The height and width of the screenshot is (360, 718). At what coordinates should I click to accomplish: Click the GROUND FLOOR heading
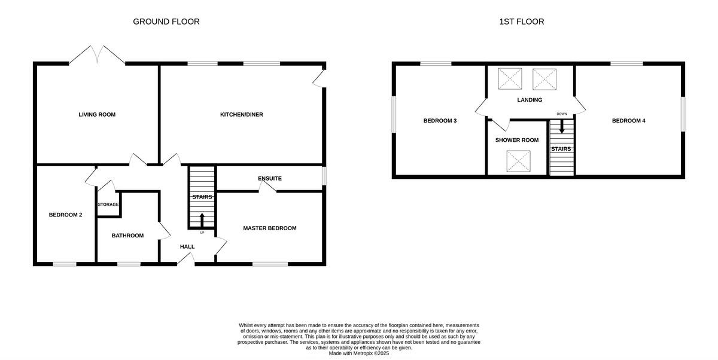166,22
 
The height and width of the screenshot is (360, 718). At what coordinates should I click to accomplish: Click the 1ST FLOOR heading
522,22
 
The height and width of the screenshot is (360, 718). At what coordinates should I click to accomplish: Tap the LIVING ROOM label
97,114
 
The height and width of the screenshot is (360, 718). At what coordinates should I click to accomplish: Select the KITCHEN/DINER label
241,114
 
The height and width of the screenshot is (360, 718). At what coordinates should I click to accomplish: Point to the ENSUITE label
269,178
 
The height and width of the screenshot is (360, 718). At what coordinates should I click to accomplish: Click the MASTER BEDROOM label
269,228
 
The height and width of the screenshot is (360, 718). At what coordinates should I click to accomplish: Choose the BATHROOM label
127,235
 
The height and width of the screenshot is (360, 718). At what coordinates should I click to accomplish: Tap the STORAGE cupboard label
108,205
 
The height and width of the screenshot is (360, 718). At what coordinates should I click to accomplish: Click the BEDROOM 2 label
65,215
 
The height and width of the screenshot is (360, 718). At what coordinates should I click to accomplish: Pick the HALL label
187,246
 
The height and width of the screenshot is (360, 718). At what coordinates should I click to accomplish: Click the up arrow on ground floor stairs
202,219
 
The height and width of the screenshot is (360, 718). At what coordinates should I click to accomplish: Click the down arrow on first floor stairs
561,127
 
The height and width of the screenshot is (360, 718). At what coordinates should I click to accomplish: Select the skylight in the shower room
517,161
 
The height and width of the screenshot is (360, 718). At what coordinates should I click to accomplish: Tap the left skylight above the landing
510,78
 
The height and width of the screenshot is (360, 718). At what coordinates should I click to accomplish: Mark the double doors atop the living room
97,54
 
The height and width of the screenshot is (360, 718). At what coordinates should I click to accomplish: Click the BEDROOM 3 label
440,121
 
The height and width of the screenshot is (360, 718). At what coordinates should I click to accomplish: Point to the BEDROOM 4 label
628,121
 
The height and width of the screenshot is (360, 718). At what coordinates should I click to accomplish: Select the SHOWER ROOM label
516,140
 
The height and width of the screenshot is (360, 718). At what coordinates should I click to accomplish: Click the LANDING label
530,100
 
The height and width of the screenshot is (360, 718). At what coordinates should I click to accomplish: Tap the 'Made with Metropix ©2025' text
359,353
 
